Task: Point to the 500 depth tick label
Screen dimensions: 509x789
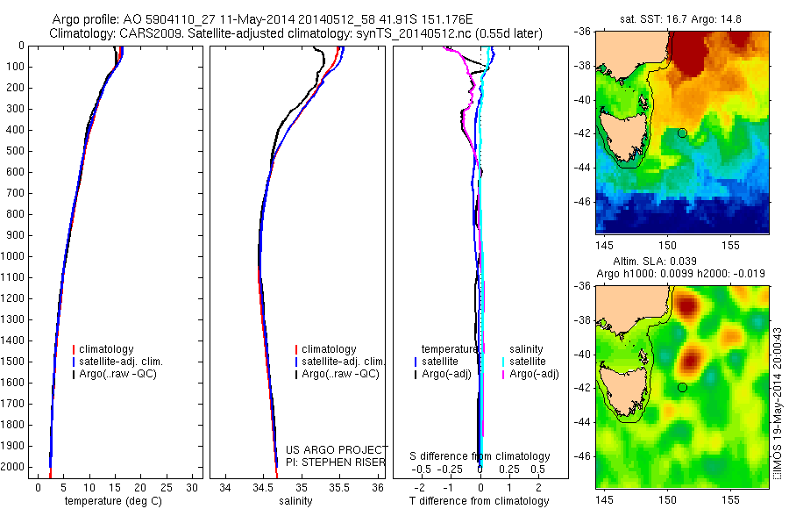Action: (16, 151)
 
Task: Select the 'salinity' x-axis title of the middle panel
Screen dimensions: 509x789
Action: (295, 501)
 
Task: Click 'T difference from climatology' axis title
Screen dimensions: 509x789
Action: (479, 501)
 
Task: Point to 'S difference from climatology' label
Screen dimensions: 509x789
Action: (480, 456)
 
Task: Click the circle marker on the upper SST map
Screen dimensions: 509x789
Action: (682, 133)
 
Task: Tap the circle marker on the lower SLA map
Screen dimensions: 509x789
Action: (682, 387)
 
